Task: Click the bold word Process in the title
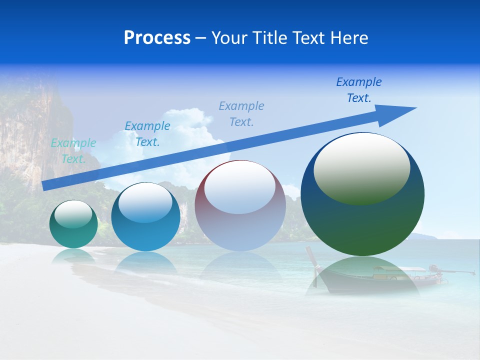click(157, 38)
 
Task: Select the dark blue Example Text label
click(359, 90)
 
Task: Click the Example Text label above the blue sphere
click(147, 134)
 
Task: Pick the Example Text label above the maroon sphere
click(241, 113)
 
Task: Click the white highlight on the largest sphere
click(361, 168)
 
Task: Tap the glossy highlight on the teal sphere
click(73, 214)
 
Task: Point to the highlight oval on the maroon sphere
click(239, 186)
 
